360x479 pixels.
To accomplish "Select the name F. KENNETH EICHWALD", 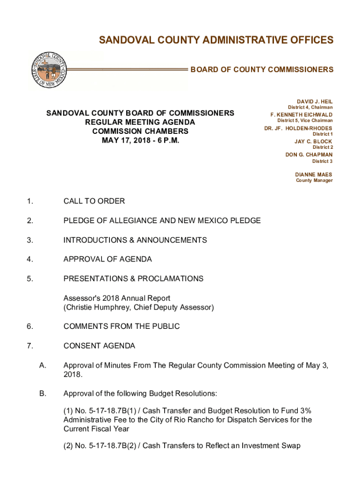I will (x=302, y=115).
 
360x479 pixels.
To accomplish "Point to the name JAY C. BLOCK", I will (x=313, y=141).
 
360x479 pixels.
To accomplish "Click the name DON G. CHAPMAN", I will (x=309, y=154).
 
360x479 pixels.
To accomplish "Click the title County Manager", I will (x=314, y=181).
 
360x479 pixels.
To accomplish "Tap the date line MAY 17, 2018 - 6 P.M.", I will (x=140, y=140).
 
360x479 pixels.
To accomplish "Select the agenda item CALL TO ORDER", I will (x=94, y=201).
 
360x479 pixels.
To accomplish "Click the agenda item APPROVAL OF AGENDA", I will (x=108, y=259).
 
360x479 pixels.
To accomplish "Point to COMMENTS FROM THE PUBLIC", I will (x=122, y=326).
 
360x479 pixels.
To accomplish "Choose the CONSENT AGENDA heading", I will (x=99, y=346).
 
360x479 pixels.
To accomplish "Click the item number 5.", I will (x=29, y=279).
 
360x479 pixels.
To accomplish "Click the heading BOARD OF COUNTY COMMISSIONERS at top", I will (x=262, y=70).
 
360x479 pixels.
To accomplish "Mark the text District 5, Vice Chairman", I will (x=303, y=121).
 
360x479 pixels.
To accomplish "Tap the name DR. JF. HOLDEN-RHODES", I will (x=298, y=128).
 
